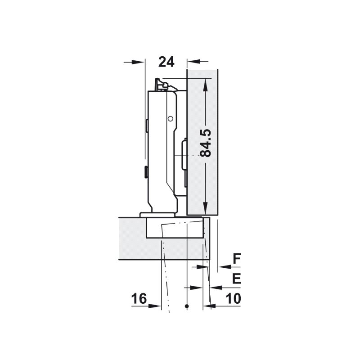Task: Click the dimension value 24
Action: pyautogui.click(x=166, y=62)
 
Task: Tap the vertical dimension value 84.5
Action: pyautogui.click(x=206, y=143)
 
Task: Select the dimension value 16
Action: pyautogui.click(x=139, y=298)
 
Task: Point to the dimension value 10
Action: pyautogui.click(x=233, y=298)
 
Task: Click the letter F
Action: pyautogui.click(x=237, y=258)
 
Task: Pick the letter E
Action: pyautogui.click(x=237, y=279)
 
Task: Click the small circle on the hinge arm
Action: pyautogui.click(x=170, y=119)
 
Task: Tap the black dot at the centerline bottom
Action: pyautogui.click(x=187, y=306)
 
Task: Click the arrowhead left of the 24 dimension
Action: pyautogui.click(x=138, y=62)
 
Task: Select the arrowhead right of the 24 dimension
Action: pyautogui.click(x=193, y=62)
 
